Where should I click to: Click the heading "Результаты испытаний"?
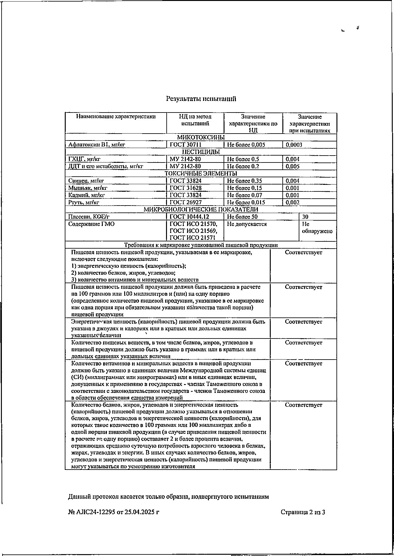201,99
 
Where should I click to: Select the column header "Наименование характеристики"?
116,117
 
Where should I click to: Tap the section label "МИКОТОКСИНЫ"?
201,138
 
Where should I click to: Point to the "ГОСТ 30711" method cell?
186,145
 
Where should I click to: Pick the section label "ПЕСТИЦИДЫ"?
201,152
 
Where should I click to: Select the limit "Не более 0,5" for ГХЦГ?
243,159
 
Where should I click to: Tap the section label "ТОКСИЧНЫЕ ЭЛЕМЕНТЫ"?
201,173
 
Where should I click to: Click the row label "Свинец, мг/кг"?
86,181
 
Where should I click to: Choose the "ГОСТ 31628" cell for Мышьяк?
186,188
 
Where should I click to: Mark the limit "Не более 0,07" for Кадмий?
245,195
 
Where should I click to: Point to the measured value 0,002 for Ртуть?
292,203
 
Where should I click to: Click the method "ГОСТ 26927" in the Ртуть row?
186,203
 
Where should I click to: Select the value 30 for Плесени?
305,217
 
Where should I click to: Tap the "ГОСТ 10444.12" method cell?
189,217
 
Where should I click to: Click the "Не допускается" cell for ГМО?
247,224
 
